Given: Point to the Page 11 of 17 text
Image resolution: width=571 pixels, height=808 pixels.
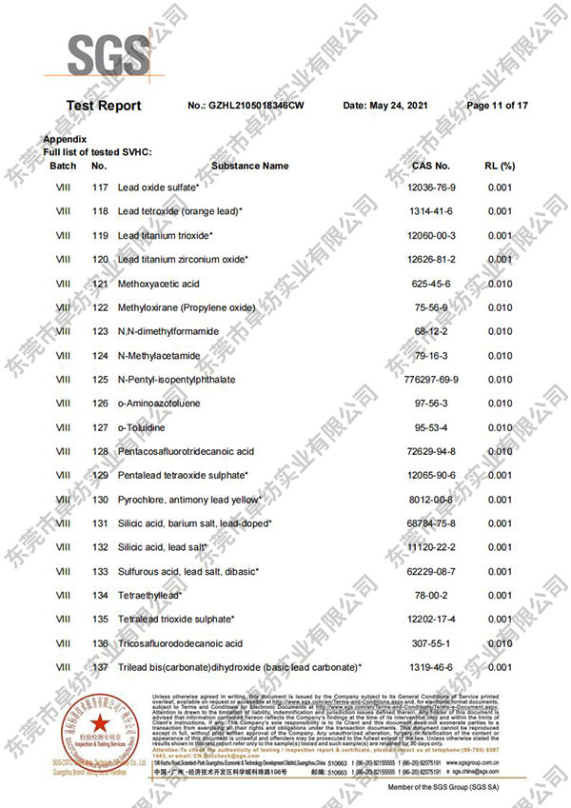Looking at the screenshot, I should (497, 106).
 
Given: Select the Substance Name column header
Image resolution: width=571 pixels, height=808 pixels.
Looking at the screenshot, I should (249, 166).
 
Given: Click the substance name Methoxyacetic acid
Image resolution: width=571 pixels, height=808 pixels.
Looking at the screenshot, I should (158, 284).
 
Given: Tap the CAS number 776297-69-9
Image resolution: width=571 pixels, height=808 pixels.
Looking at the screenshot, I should (431, 380).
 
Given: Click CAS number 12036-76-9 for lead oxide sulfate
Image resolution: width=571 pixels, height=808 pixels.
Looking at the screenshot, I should (431, 187).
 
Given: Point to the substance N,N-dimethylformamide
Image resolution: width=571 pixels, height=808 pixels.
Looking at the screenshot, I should (168, 331).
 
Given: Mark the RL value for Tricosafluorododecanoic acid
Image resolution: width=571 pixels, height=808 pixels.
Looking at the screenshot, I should (500, 643).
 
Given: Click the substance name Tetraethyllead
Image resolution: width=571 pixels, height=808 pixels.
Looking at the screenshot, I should (150, 596).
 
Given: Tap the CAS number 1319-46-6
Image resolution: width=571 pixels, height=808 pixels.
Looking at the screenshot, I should (431, 667).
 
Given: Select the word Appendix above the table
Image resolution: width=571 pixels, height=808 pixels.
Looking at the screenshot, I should (65, 140).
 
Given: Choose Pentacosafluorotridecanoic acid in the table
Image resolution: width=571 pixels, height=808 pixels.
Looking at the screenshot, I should (186, 451).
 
